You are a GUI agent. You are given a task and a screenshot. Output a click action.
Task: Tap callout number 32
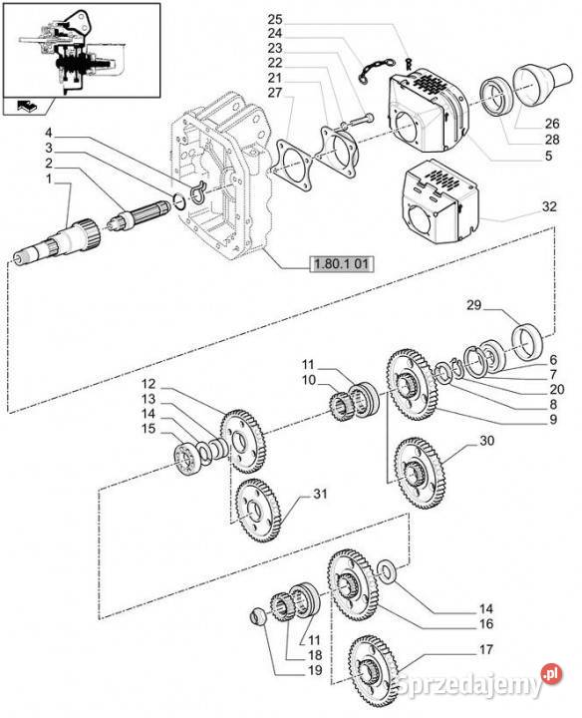point(549,206)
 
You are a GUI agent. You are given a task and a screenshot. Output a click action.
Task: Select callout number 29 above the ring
point(474,304)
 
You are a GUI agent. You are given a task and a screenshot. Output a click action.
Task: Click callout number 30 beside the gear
point(487,441)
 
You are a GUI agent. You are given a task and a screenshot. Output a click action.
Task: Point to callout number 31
point(320,494)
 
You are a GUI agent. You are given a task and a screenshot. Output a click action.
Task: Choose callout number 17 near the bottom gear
point(486,649)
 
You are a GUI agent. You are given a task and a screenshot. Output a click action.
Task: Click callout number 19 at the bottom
point(315,670)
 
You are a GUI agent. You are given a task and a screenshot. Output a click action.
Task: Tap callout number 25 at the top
point(275,20)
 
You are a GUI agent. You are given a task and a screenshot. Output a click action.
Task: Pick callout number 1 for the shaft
point(49,179)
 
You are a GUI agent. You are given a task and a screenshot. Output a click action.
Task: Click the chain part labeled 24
point(376,69)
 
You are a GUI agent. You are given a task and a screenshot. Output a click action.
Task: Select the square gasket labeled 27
point(295,166)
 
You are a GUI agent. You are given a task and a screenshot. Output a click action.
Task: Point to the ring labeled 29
point(527,341)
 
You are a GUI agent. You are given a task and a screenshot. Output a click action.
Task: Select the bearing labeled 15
point(188,459)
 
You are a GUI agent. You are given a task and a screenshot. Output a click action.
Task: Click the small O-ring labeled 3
point(179,201)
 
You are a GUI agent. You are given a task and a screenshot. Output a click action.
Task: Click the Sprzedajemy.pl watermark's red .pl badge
point(551,674)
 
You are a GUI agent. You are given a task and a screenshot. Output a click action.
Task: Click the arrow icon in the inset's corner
point(27,106)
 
